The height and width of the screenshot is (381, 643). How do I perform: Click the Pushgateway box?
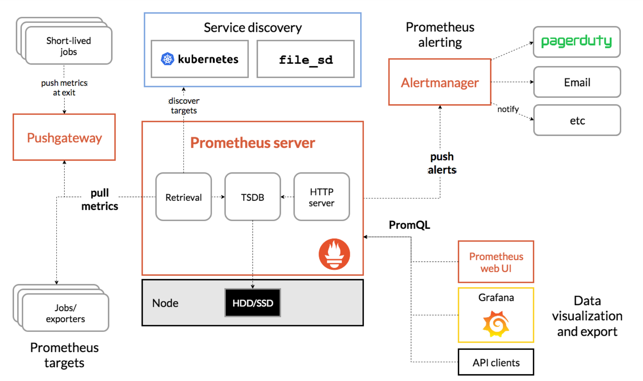[64, 137]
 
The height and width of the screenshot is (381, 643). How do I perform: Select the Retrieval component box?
[183, 197]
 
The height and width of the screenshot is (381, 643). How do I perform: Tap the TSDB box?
[252, 197]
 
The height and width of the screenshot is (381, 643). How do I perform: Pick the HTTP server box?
[321, 197]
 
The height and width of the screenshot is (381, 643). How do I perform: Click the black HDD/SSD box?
[252, 303]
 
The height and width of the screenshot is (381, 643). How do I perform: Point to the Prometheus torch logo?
[334, 254]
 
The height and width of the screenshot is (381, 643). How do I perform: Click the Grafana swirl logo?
[496, 324]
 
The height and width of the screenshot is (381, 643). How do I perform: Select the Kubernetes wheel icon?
[167, 59]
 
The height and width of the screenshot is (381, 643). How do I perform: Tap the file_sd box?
[305, 59]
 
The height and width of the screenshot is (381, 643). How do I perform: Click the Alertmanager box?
[440, 82]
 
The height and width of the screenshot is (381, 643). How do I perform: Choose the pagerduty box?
[576, 42]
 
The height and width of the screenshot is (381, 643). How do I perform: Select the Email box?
[577, 82]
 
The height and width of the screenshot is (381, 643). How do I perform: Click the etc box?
[577, 120]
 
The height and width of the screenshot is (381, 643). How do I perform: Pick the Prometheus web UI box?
[496, 262]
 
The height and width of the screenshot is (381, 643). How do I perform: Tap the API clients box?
[496, 362]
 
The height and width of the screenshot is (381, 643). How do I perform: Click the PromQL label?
[409, 225]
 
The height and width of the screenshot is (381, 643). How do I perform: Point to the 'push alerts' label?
[442, 163]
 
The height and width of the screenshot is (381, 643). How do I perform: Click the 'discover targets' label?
[184, 106]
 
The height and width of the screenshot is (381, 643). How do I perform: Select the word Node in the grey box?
[165, 303]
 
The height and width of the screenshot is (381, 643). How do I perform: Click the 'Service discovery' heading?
[252, 28]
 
